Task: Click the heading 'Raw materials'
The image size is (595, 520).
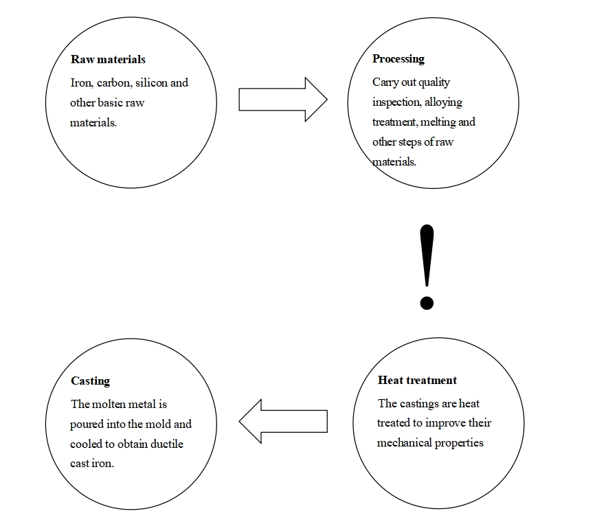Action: point(108,59)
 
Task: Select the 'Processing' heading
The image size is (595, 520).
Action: point(398,59)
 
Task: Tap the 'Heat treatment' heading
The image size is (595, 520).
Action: point(418,380)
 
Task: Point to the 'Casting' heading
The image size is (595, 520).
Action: point(90,381)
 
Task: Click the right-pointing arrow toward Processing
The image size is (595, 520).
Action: point(283,100)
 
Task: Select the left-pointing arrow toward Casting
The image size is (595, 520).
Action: point(283,421)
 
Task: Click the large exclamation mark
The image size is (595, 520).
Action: point(427,267)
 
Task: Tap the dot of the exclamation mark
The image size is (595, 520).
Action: point(427,303)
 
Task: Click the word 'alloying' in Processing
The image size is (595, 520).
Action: point(443,102)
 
